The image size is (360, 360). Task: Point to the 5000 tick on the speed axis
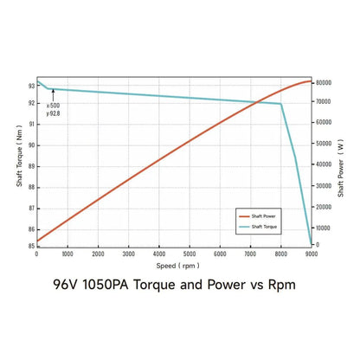tap(190, 254)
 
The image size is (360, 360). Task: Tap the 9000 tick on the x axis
tap(312, 254)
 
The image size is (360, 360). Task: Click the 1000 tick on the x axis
tap(67, 254)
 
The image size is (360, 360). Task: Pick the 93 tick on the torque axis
tap(30, 86)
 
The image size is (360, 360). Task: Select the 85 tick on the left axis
tap(30, 246)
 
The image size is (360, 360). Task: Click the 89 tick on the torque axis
tap(30, 166)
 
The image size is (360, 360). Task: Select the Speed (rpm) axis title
tap(174, 266)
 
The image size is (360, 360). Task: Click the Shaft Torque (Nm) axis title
tap(18, 164)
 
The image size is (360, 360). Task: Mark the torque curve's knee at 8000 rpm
tap(281, 104)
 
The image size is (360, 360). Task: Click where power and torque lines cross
tap(257, 103)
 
